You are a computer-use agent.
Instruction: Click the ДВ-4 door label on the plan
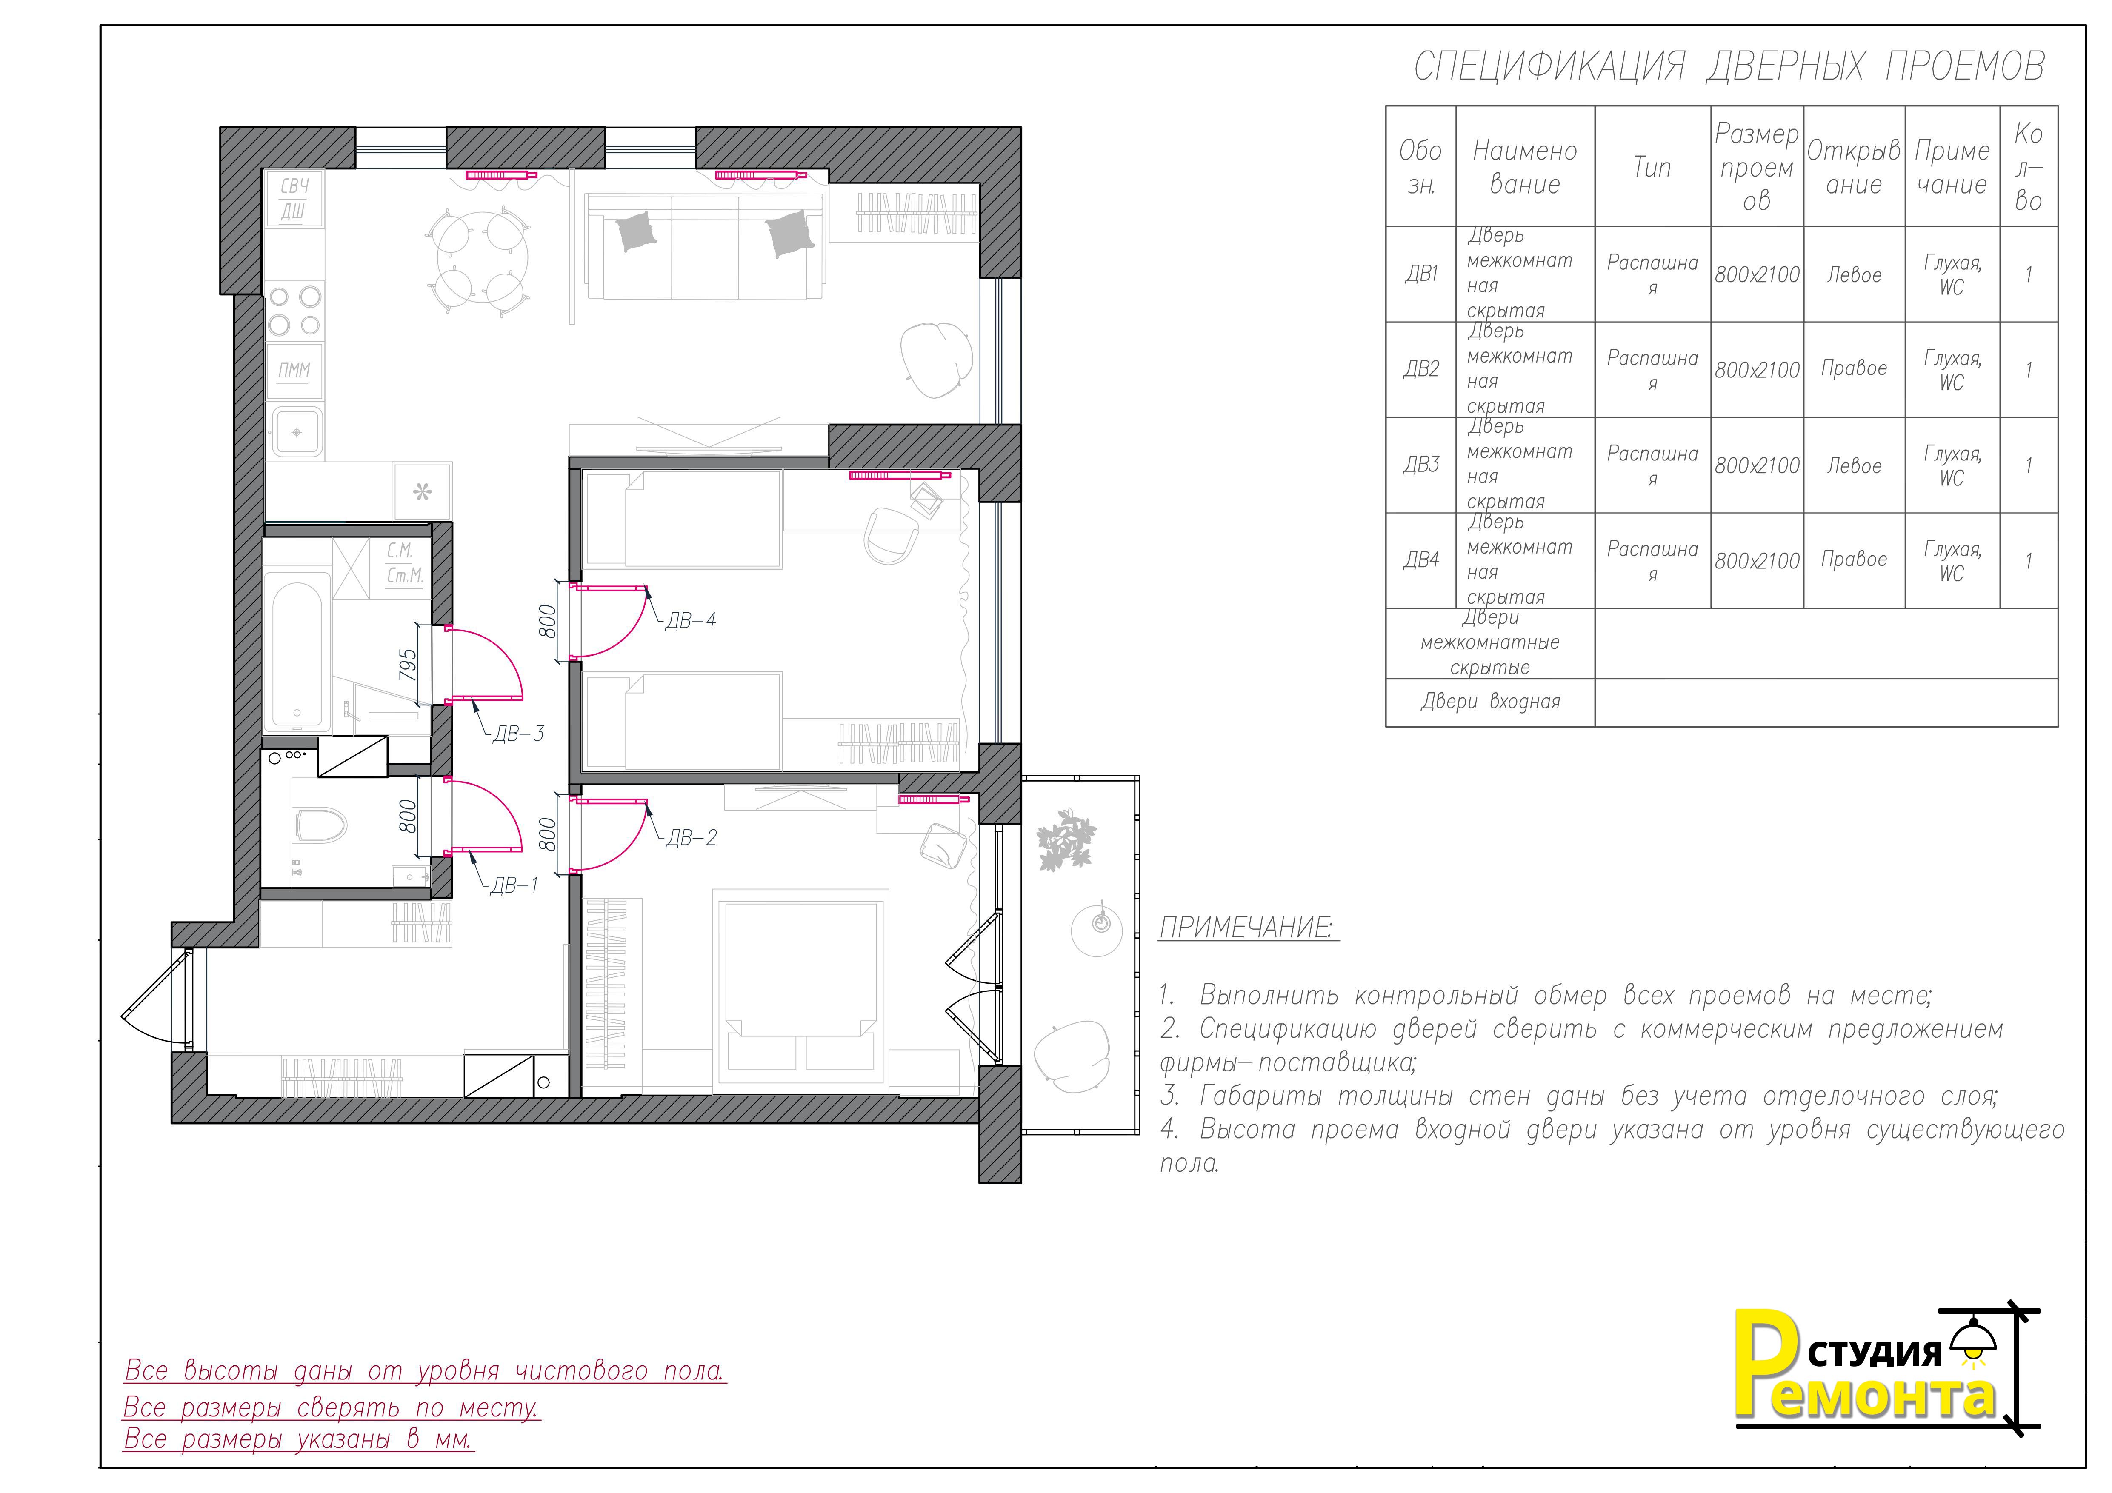pos(690,621)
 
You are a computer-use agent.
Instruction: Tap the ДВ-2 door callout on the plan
pos(691,838)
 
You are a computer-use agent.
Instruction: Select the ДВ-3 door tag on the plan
pos(519,734)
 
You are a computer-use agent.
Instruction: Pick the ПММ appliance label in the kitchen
pos(294,371)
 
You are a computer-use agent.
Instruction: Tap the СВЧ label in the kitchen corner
pos(294,186)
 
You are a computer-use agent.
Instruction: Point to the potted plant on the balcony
pos(1067,839)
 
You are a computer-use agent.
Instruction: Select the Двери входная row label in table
pos(1490,703)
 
